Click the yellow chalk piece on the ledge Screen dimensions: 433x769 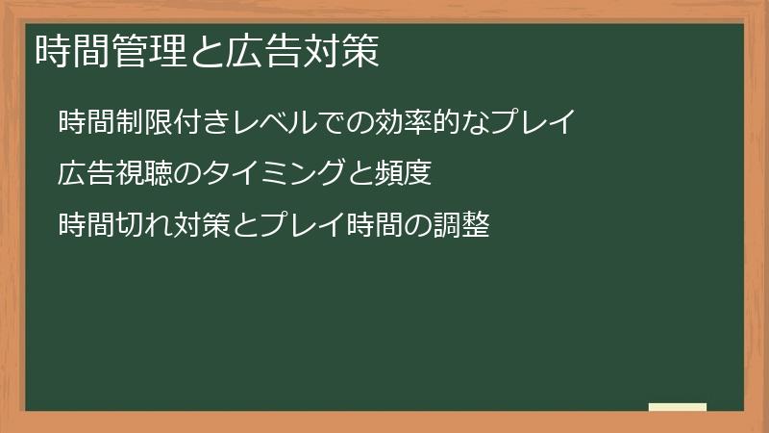pos(677,407)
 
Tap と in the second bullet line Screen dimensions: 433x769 pos(351,175)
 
